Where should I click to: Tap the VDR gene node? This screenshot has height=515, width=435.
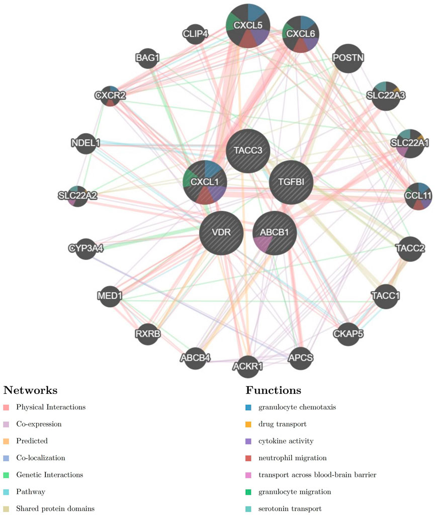pyautogui.click(x=222, y=233)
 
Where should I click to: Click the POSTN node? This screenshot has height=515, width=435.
pyautogui.click(x=348, y=58)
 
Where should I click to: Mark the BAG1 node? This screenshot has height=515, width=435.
pyautogui.click(x=147, y=58)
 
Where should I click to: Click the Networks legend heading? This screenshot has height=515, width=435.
pyautogui.click(x=30, y=391)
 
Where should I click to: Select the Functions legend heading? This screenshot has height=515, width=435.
pyautogui.click(x=273, y=391)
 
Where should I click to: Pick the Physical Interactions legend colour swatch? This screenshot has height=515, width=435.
pyautogui.click(x=6, y=407)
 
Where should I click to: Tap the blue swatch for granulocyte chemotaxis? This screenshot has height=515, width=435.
pyautogui.click(x=249, y=407)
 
